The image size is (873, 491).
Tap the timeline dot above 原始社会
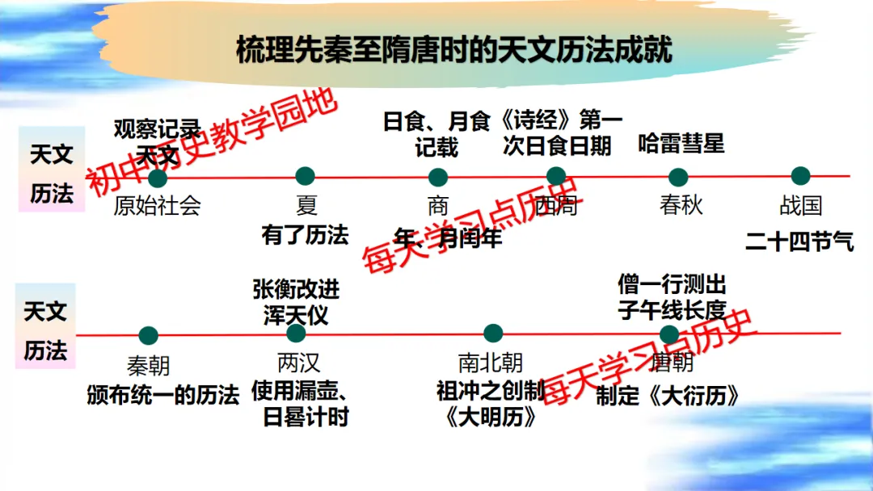158,177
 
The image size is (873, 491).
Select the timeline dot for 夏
305,176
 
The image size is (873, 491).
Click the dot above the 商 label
437,177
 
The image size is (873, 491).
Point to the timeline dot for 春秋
678,177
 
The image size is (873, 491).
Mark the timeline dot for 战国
800,176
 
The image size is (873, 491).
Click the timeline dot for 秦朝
148,335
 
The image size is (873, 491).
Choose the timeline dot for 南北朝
493,333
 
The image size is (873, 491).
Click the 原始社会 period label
157,205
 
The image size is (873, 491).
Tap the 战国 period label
800,205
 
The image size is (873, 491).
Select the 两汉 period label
298,362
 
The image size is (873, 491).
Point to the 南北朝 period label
491,362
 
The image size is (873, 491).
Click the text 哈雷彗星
681,145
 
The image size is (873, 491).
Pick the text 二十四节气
799,241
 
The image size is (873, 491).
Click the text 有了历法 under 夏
305,235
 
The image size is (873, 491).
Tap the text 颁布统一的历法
163,396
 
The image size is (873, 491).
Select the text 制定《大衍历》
668,397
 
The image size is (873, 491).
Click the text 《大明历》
491,417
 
